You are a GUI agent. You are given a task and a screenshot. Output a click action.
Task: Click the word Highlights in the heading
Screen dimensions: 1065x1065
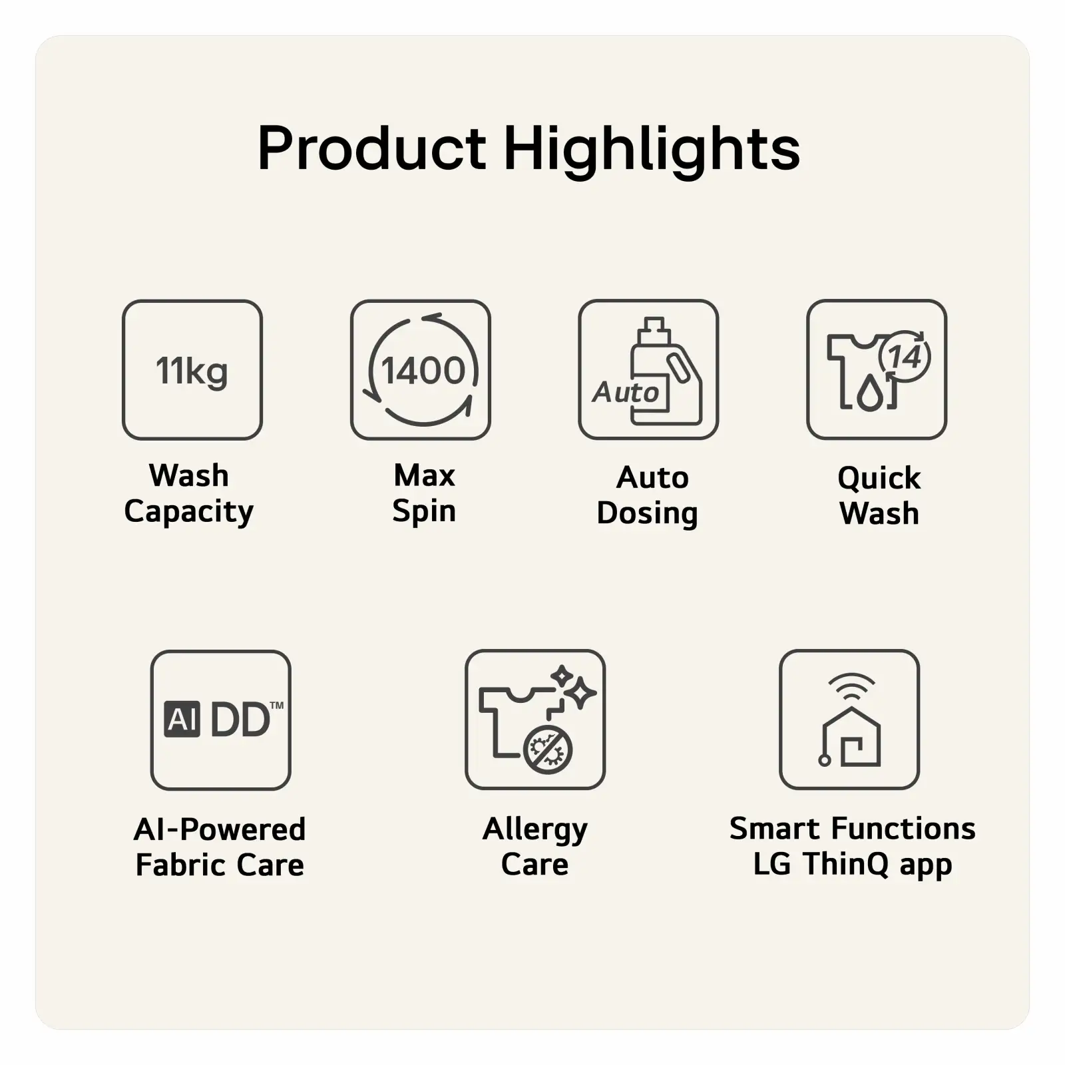pos(652,151)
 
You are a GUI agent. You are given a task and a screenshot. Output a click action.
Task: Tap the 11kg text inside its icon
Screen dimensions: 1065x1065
pos(192,371)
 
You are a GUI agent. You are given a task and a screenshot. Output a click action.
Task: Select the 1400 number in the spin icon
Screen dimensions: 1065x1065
pos(423,370)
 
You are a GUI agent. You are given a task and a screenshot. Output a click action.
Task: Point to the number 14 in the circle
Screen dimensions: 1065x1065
pos(905,357)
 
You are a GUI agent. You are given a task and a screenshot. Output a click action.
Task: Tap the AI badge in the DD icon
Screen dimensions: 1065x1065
pos(182,720)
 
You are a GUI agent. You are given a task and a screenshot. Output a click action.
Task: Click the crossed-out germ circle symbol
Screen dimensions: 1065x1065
pos(548,749)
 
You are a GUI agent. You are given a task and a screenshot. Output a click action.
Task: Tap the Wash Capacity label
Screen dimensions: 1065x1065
pos(189,495)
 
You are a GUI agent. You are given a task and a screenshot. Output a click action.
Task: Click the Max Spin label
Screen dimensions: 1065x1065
pos(424,493)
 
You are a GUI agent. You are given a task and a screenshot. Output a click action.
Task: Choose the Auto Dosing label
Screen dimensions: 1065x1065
pos(648,496)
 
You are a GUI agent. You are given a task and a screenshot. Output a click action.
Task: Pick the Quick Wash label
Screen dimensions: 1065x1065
pos(879,496)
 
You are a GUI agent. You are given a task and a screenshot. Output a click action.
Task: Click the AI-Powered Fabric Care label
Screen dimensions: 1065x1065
pos(220,847)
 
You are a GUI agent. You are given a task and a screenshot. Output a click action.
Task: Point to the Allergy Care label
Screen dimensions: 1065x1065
pos(535,847)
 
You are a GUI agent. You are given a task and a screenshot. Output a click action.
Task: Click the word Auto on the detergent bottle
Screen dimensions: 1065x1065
pos(626,392)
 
